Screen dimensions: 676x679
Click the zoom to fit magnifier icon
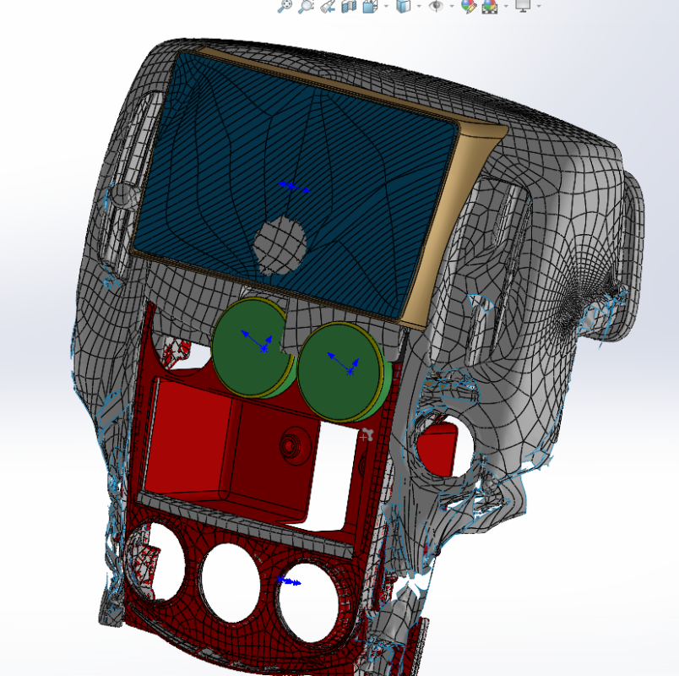pos(285,6)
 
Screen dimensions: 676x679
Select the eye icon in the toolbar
pos(436,6)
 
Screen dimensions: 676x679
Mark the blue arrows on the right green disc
pos(343,363)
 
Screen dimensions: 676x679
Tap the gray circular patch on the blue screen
pos(280,245)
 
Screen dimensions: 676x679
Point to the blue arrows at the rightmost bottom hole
pos(289,581)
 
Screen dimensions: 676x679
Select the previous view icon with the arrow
pos(328,6)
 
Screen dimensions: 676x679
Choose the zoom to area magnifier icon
pos(306,6)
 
